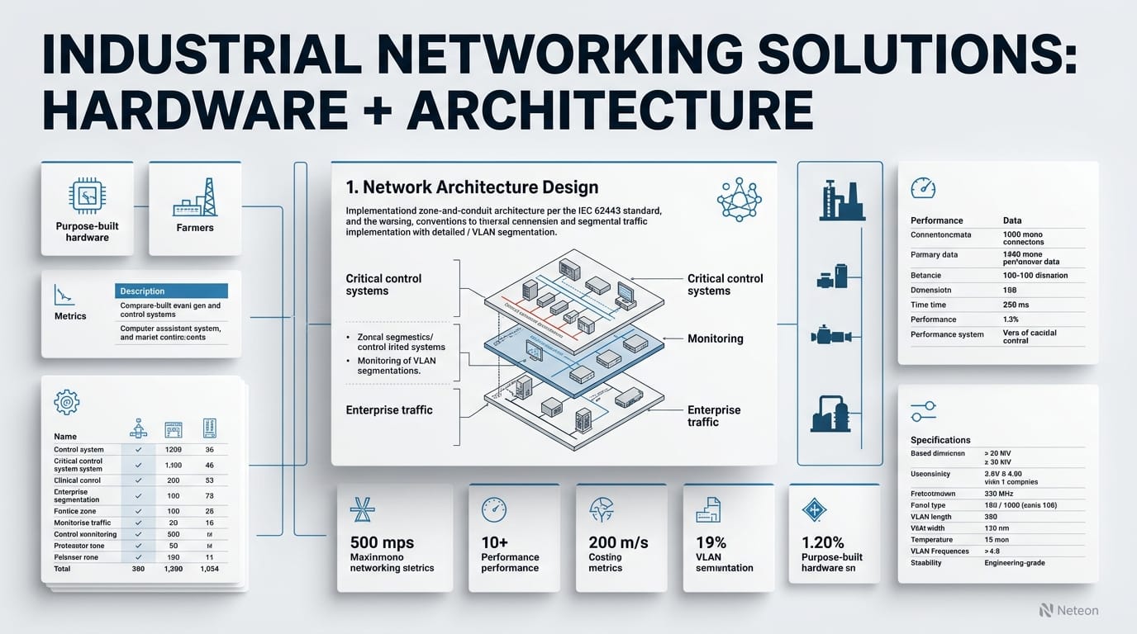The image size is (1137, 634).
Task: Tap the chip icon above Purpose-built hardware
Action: click(x=87, y=196)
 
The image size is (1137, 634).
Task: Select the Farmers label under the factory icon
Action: click(x=195, y=228)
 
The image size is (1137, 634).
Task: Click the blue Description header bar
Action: click(x=170, y=291)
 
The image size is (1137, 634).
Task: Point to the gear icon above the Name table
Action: click(x=66, y=402)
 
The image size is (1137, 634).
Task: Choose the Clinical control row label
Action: click(x=77, y=480)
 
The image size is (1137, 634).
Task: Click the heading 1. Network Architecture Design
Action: click(x=472, y=188)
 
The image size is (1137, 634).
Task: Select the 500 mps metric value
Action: click(x=383, y=542)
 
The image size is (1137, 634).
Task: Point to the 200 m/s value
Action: click(x=618, y=542)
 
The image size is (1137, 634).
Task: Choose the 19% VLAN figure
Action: click(x=710, y=542)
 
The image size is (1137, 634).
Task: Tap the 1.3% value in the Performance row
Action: click(x=1011, y=319)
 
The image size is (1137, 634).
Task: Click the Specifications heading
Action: click(x=940, y=440)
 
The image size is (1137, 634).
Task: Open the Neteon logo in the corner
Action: click(x=1069, y=610)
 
